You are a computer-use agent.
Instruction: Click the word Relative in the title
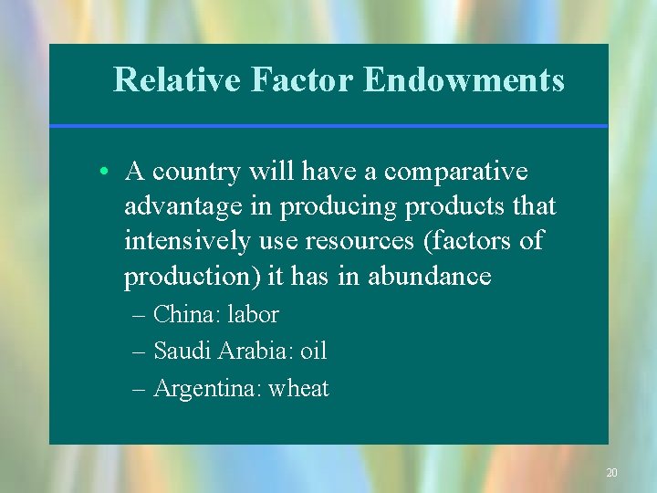(x=176, y=80)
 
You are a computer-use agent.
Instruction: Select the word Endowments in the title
(x=464, y=80)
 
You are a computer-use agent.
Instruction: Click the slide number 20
(x=611, y=473)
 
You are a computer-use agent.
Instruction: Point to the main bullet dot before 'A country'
(x=107, y=173)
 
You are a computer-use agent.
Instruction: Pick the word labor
(x=253, y=315)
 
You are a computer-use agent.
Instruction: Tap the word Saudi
(x=181, y=351)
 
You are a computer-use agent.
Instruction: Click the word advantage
(x=184, y=207)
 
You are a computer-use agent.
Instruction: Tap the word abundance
(x=430, y=276)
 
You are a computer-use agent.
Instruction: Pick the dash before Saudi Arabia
(x=139, y=351)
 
